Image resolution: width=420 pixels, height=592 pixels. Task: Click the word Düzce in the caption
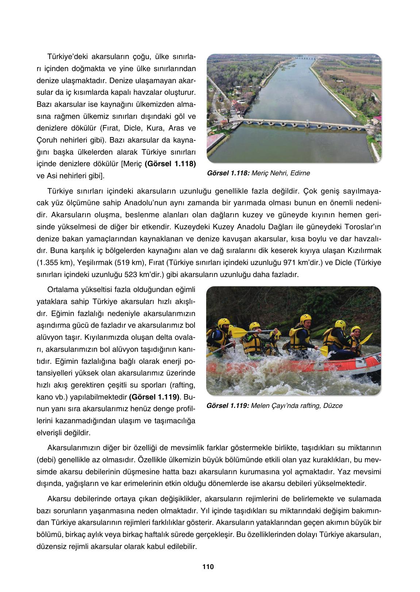333,406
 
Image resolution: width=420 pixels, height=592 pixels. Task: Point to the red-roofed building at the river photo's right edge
378,119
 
